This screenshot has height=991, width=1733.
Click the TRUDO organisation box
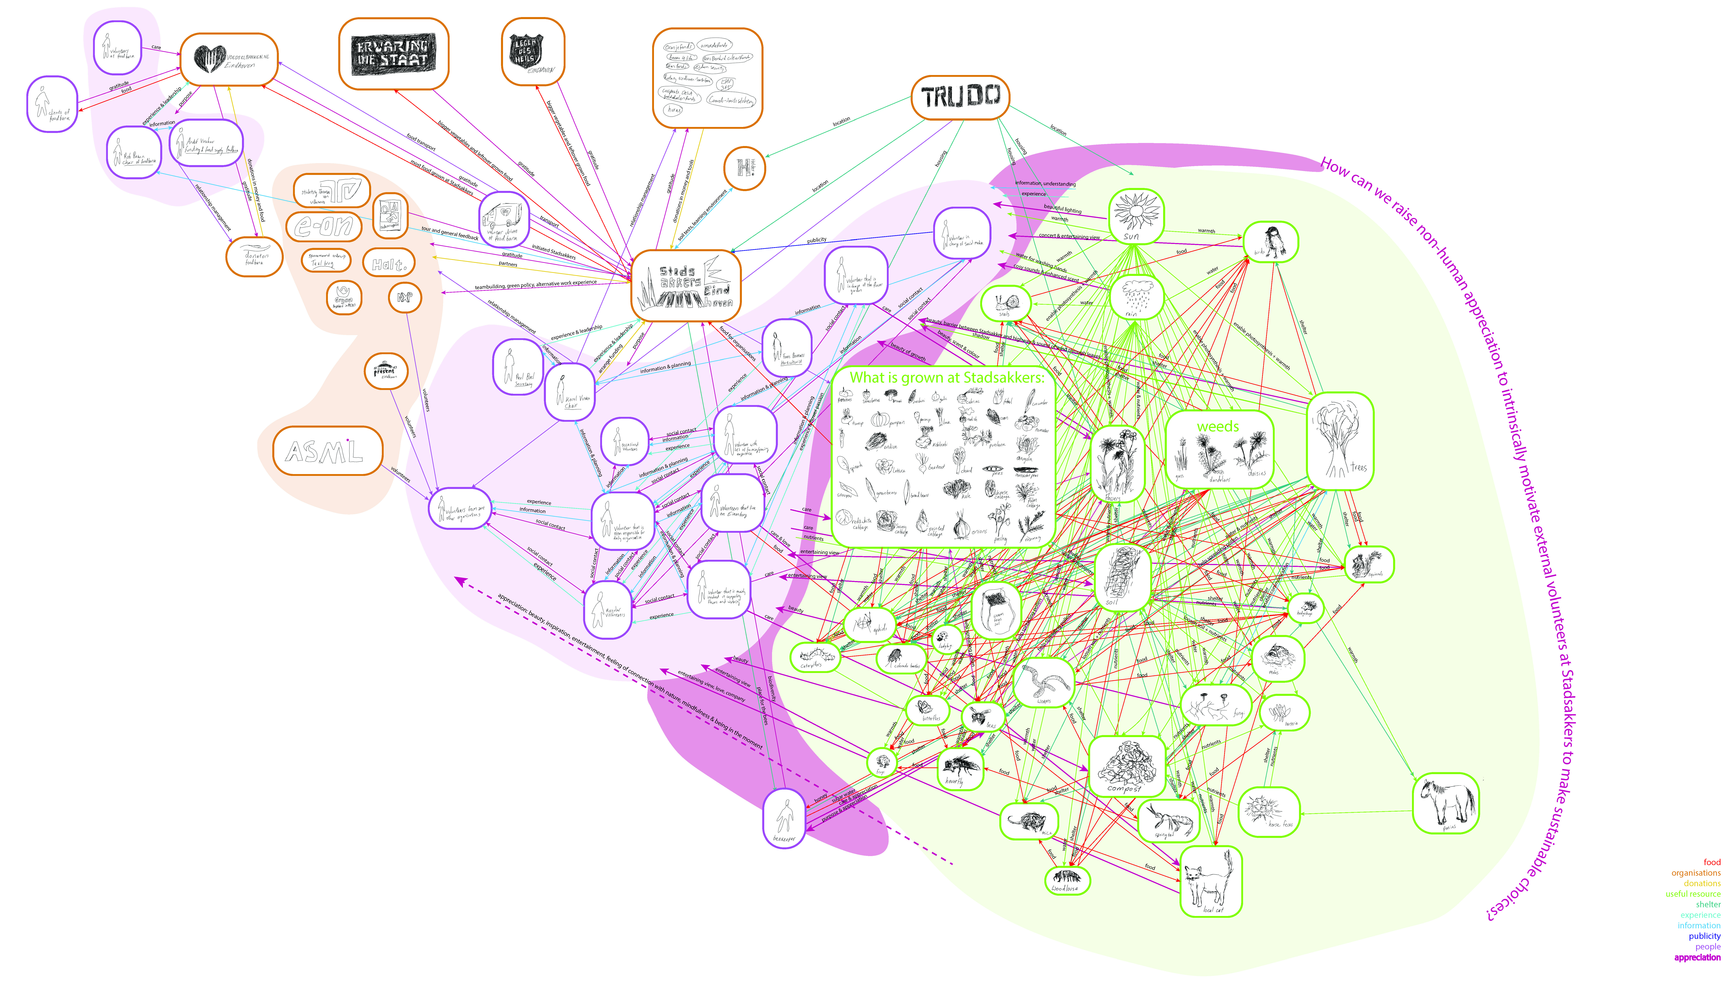point(960,97)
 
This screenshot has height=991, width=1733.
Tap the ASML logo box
point(327,451)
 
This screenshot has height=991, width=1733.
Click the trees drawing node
point(1340,441)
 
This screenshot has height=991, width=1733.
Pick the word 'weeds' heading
point(1218,427)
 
